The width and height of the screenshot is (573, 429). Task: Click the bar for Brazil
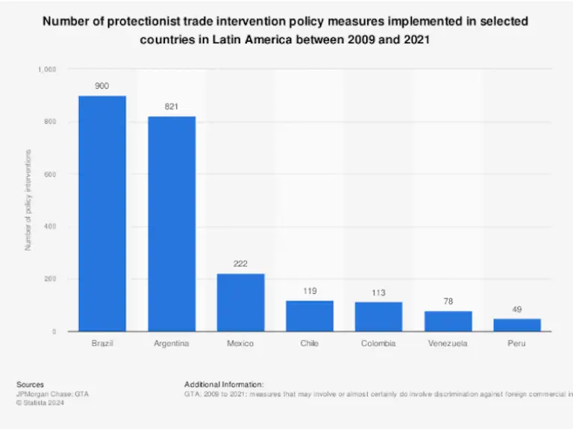point(102,213)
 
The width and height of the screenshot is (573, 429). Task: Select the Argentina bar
point(172,224)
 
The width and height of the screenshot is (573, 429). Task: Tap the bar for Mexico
point(240,302)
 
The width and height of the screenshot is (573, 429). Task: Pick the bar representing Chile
point(310,316)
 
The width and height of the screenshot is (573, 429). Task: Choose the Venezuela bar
point(448,321)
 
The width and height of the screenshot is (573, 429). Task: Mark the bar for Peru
point(516,325)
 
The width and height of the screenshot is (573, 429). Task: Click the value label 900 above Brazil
point(102,87)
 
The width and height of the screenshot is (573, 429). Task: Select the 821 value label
point(172,107)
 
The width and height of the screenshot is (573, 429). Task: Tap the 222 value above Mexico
point(240,264)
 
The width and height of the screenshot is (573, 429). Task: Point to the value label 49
point(516,309)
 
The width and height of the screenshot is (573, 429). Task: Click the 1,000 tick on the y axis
point(47,69)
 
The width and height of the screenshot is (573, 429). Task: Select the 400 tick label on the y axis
point(51,227)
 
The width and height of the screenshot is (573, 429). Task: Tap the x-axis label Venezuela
point(448,344)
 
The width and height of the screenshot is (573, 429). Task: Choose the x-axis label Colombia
point(378,344)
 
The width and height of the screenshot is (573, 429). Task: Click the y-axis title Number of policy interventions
point(28,200)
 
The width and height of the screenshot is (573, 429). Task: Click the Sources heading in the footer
point(30,385)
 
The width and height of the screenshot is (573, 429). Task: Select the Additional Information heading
point(223,385)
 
